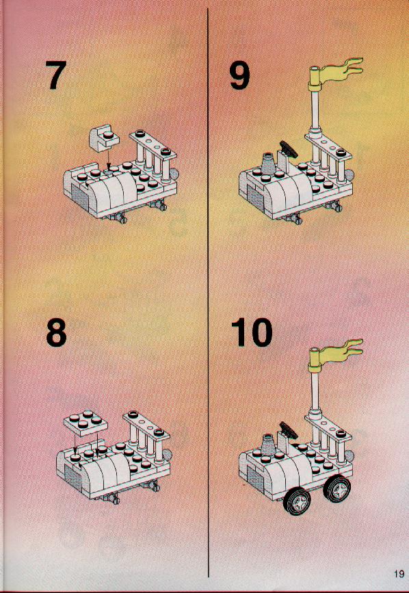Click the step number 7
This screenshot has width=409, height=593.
(56, 75)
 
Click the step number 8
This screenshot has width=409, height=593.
(56, 332)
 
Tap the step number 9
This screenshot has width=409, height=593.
(239, 75)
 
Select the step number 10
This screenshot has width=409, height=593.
(252, 332)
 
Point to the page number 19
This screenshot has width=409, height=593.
(399, 574)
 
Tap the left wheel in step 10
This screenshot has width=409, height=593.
(296, 501)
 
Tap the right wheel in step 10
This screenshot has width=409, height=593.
(337, 488)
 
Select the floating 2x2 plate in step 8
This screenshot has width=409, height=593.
(85, 423)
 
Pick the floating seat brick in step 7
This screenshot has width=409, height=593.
(103, 138)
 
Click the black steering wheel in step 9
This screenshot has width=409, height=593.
(289, 148)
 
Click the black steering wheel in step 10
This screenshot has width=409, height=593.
(289, 430)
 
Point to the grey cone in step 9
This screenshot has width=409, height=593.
(268, 165)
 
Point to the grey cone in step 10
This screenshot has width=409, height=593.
(268, 445)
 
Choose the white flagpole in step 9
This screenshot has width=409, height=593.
(315, 109)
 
